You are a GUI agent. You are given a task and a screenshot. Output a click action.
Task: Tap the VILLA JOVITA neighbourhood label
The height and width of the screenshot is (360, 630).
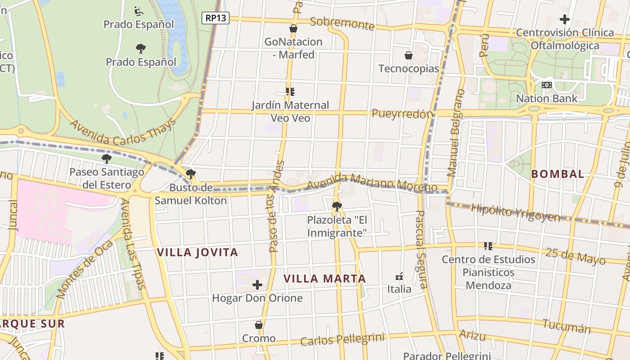coord(197,252)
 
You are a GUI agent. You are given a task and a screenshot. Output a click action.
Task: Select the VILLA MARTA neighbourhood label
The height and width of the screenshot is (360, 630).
coord(324,279)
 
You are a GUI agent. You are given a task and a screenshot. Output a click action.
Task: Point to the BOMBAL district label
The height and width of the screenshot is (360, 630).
coord(558,174)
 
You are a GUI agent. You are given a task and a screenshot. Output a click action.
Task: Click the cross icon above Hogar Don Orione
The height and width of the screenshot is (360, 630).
coord(257,285)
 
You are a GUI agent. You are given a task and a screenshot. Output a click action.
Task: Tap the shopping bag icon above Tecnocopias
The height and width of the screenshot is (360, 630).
coord(409,55)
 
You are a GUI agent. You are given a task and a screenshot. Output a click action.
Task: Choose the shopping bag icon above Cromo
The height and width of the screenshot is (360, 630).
coord(259,325)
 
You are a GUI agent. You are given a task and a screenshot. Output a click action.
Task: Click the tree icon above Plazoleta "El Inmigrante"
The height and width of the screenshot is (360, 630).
coord(337,207)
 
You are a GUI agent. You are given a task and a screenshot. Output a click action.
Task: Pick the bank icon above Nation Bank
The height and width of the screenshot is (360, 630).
coord(547,85)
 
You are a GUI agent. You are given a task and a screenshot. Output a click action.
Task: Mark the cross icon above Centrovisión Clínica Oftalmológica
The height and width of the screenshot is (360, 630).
coord(565,19)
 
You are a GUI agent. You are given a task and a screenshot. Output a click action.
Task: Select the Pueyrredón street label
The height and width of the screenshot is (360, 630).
coord(402,114)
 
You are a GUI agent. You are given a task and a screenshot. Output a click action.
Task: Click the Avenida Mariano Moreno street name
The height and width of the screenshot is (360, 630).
coord(372,182)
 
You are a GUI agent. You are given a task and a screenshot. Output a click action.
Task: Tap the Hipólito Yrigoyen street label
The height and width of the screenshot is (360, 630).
coord(515,212)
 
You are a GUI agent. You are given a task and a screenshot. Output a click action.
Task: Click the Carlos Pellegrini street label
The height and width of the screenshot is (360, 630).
coord(342,340)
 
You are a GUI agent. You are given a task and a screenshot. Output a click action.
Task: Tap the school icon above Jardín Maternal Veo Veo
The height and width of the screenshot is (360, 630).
coord(290,92)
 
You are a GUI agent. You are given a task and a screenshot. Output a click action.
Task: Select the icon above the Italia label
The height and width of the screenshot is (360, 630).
coord(399,276)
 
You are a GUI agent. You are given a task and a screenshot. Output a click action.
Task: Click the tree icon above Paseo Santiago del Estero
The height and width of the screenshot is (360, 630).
coord(107,158)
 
